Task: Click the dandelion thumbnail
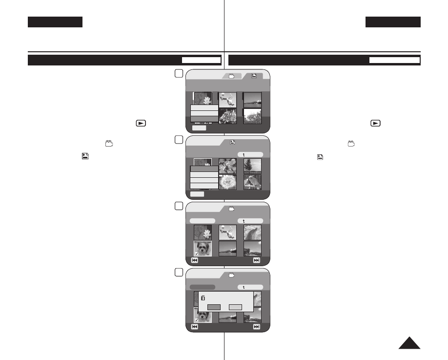(x=227, y=182)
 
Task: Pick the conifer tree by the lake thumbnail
(x=252, y=166)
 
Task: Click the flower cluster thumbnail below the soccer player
(x=227, y=116)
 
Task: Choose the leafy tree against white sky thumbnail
(x=252, y=116)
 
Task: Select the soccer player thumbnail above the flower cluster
(x=227, y=100)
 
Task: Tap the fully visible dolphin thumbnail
(x=252, y=233)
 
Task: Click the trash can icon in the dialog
(x=203, y=297)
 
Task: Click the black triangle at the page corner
(x=409, y=343)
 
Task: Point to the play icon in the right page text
(x=375, y=123)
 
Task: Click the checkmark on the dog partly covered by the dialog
(x=196, y=320)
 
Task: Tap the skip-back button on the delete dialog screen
(x=195, y=327)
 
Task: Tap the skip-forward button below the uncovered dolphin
(x=257, y=260)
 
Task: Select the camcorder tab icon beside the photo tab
(x=232, y=76)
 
